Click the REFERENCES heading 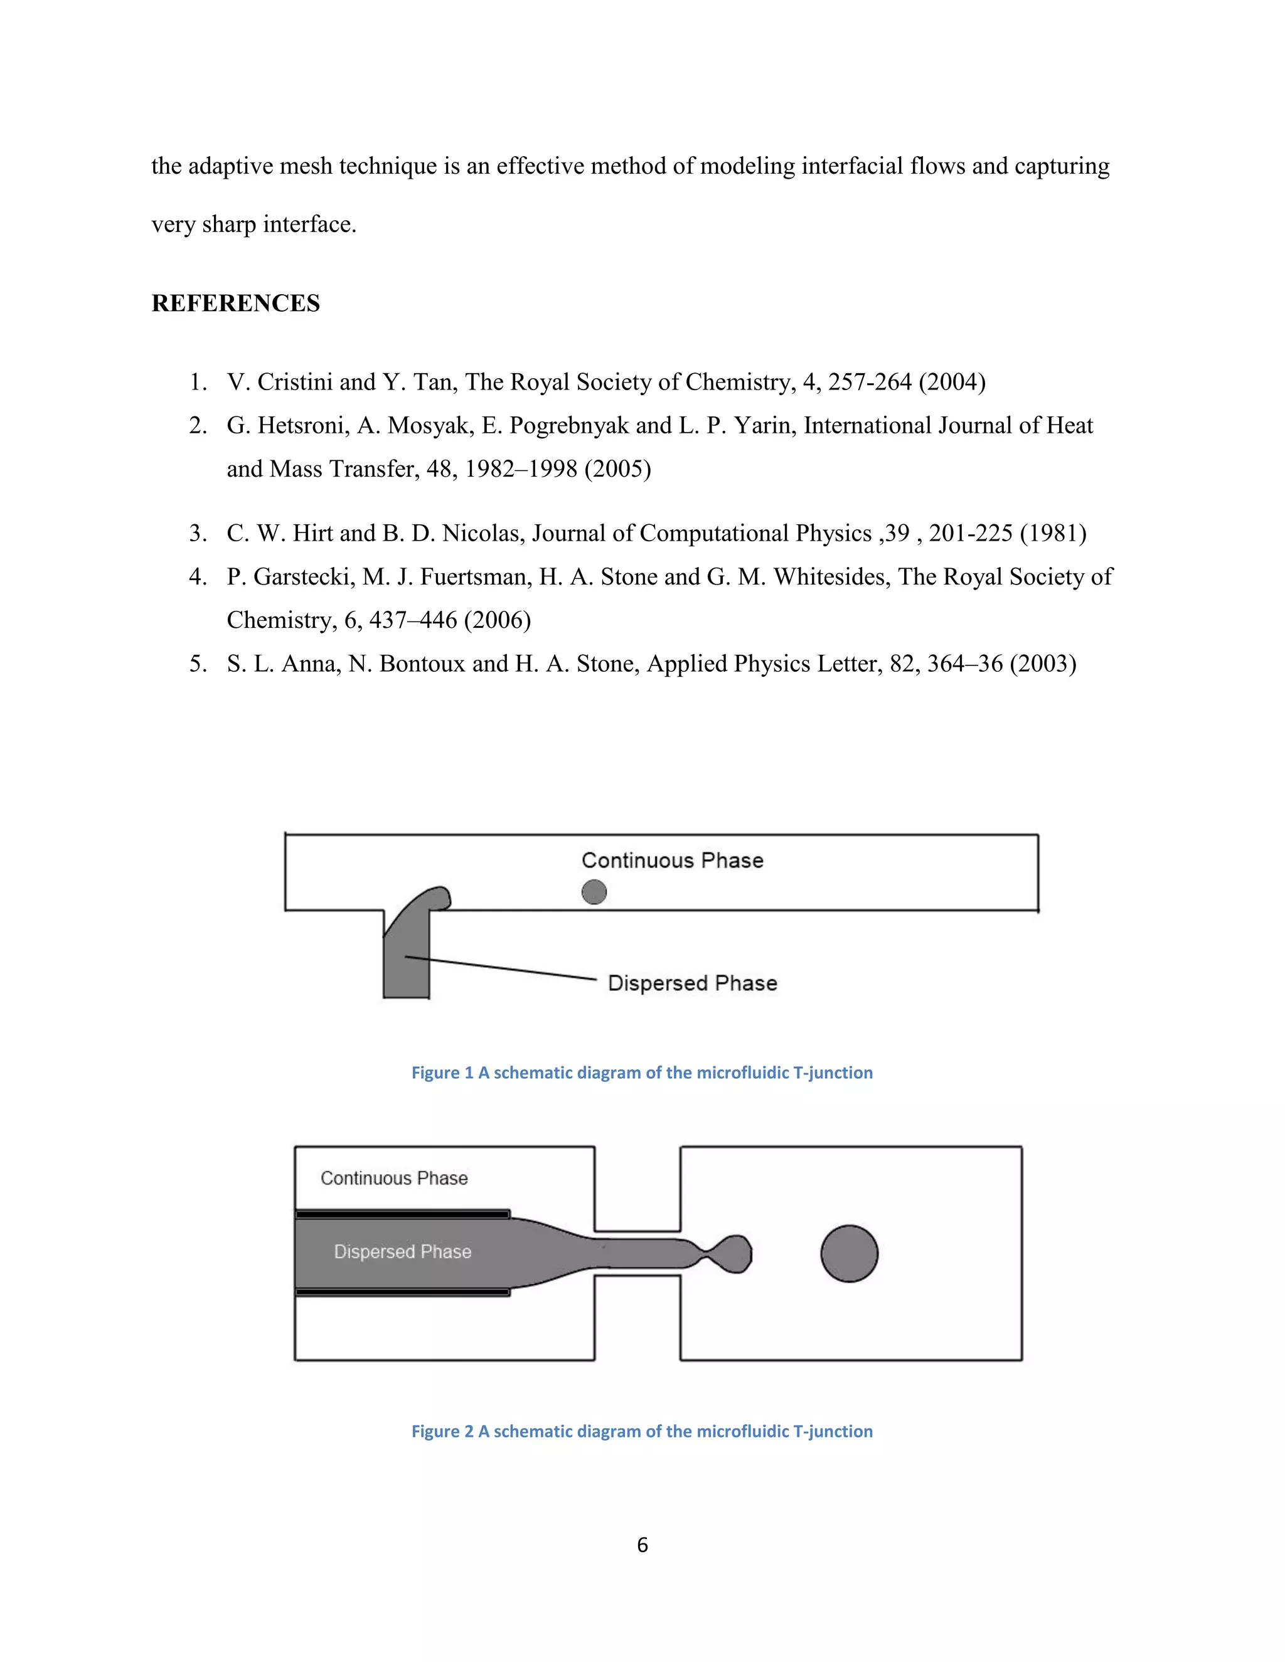tap(235, 303)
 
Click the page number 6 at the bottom tap(642, 1544)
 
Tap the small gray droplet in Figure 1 tap(594, 892)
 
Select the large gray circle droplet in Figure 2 tap(849, 1253)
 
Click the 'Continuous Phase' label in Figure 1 tap(672, 860)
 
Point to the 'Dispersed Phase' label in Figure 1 tap(692, 983)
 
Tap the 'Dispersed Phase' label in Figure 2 tap(403, 1252)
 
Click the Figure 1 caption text tap(642, 1072)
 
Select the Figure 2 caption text tap(642, 1431)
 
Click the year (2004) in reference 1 tap(952, 382)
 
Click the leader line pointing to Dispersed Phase tap(503, 968)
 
